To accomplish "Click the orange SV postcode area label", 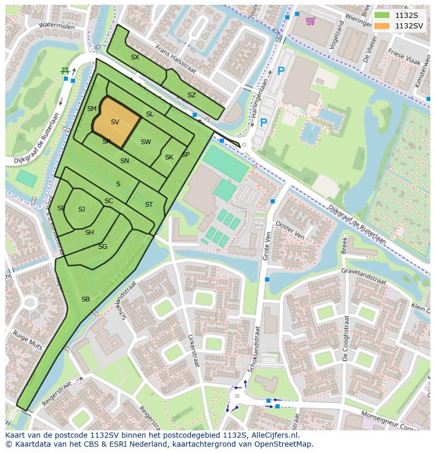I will coord(115,122).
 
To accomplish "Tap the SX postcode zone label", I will coord(135,57).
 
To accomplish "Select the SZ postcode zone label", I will coord(191,95).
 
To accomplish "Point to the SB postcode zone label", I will coord(86,299).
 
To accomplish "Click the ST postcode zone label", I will coord(149,204).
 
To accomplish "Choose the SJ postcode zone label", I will coord(81,209).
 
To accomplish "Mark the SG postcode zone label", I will coord(102,246).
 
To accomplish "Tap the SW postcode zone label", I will coord(146,142).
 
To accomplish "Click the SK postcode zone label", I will coord(169,157).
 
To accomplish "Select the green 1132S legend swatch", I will coord(382,15).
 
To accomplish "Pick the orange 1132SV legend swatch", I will coord(382,25).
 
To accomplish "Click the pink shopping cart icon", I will coord(310,21).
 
